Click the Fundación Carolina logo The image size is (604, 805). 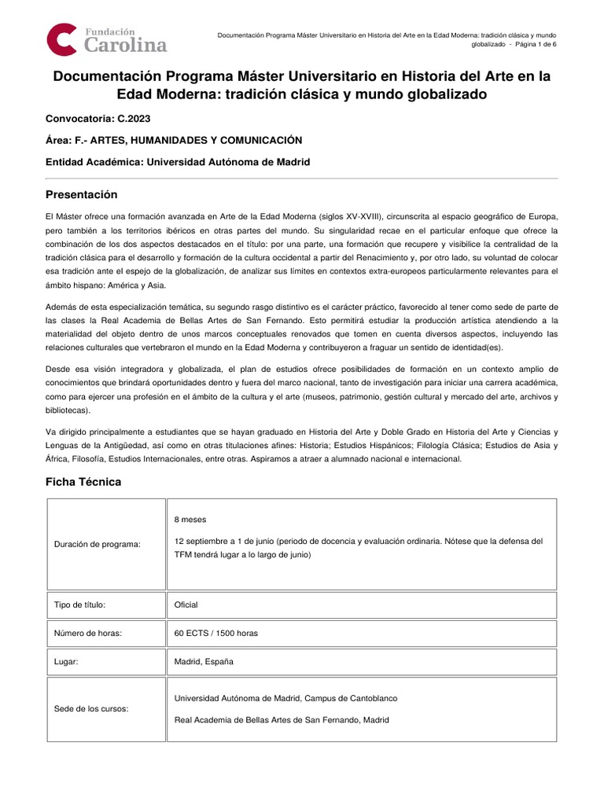pos(107,39)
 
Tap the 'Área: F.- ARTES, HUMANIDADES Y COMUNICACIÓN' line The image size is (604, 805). pos(174,140)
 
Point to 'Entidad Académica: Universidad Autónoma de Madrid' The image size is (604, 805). pos(179,162)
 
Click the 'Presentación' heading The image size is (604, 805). pos(81,194)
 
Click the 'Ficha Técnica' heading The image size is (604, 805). pos(83,482)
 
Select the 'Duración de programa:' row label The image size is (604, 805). pos(98,545)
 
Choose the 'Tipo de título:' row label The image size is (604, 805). pos(80,605)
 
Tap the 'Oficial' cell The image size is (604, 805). pos(186,605)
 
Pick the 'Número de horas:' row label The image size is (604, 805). pos(88,633)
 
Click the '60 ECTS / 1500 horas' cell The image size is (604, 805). pos(216,633)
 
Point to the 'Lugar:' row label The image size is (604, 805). pos(67,662)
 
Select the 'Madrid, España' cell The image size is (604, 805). pos(204,662)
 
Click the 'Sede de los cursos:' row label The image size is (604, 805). pos(91,708)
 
